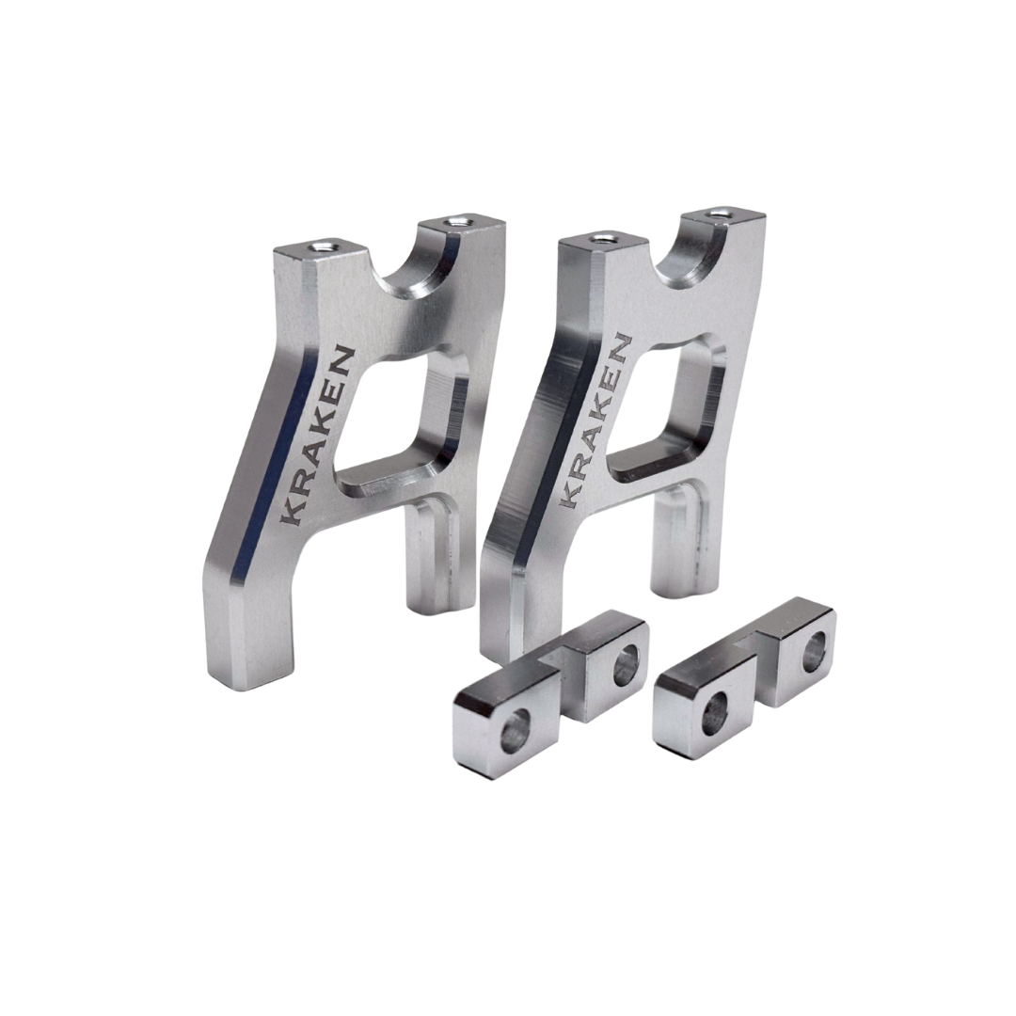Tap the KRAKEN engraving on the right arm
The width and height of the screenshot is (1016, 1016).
595,422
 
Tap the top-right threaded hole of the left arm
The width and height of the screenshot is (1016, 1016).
458,223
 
